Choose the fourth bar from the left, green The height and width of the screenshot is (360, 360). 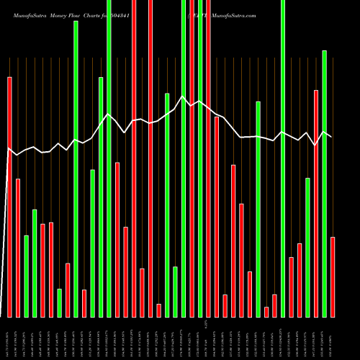click(x=35, y=263)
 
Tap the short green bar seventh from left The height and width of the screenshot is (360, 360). click(x=59, y=302)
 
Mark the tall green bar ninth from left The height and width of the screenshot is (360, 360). click(x=76, y=168)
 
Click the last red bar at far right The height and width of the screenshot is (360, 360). click(x=333, y=276)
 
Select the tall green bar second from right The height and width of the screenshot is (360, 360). click(x=324, y=184)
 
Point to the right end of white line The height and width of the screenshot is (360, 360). click(x=331, y=137)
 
